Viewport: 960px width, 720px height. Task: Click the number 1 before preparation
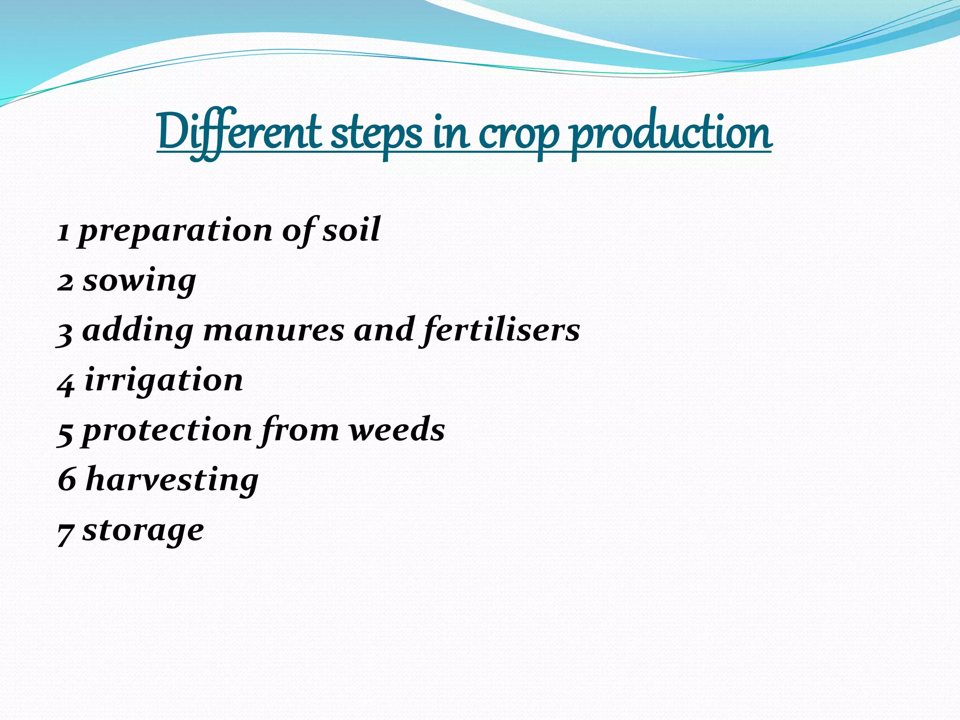click(x=64, y=231)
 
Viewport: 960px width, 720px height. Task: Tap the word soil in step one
click(x=351, y=230)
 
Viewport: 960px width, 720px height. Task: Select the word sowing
click(x=139, y=282)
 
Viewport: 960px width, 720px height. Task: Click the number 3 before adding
click(x=65, y=332)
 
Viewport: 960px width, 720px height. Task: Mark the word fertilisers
click(x=501, y=330)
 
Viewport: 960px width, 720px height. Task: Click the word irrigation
click(x=164, y=380)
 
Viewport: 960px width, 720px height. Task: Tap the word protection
click(x=167, y=431)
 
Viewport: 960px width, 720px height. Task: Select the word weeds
click(x=397, y=430)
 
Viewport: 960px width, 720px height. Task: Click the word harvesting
click(x=172, y=480)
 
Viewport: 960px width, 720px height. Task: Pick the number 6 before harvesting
click(x=67, y=480)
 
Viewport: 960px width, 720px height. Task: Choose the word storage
click(x=143, y=531)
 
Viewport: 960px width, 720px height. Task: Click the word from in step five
click(x=300, y=430)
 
